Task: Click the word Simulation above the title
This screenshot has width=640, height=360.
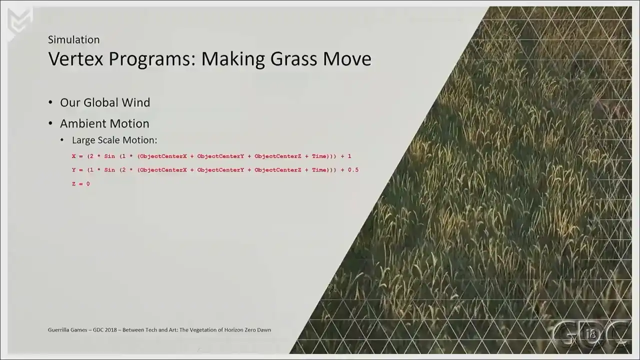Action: point(73,39)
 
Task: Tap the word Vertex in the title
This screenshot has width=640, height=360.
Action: point(75,59)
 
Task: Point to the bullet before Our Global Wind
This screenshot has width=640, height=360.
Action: point(50,102)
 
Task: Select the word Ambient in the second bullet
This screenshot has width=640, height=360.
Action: point(81,123)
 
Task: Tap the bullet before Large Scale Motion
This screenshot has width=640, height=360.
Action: point(62,140)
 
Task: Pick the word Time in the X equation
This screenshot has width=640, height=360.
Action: point(319,156)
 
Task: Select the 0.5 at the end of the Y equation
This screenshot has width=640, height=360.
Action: point(353,170)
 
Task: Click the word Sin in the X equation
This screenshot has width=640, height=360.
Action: point(109,156)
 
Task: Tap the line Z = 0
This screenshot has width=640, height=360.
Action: point(81,183)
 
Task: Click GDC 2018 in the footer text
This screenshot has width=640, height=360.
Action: point(104,329)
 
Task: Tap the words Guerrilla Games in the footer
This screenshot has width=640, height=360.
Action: point(67,329)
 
